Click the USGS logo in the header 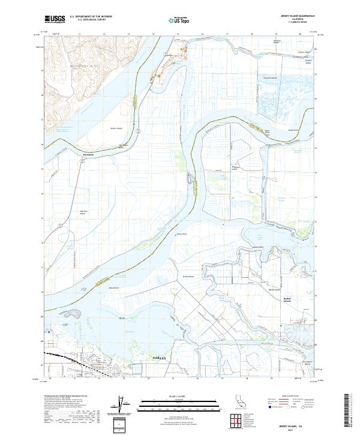55,19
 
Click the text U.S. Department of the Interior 91,17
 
